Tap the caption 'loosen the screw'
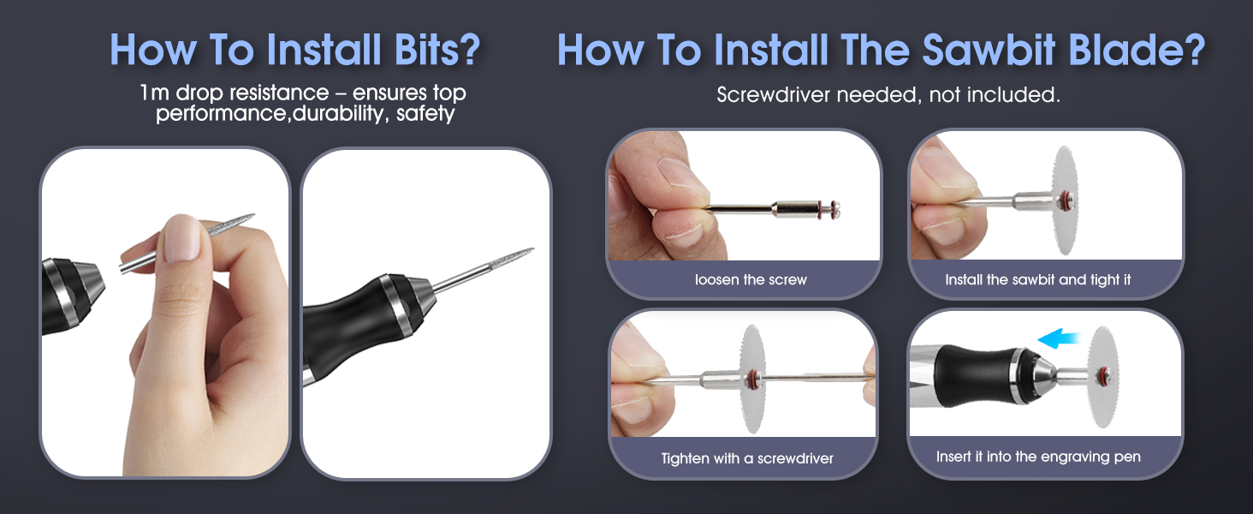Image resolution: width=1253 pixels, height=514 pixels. tap(751, 280)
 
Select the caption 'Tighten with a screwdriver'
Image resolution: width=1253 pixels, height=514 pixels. tap(747, 458)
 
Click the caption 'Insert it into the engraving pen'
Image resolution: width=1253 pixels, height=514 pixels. tap(1038, 457)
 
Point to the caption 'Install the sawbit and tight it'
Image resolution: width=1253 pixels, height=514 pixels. tap(1037, 280)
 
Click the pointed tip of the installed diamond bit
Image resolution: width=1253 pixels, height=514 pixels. tap(531, 250)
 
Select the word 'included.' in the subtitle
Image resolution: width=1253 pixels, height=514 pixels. tap(1024, 95)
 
